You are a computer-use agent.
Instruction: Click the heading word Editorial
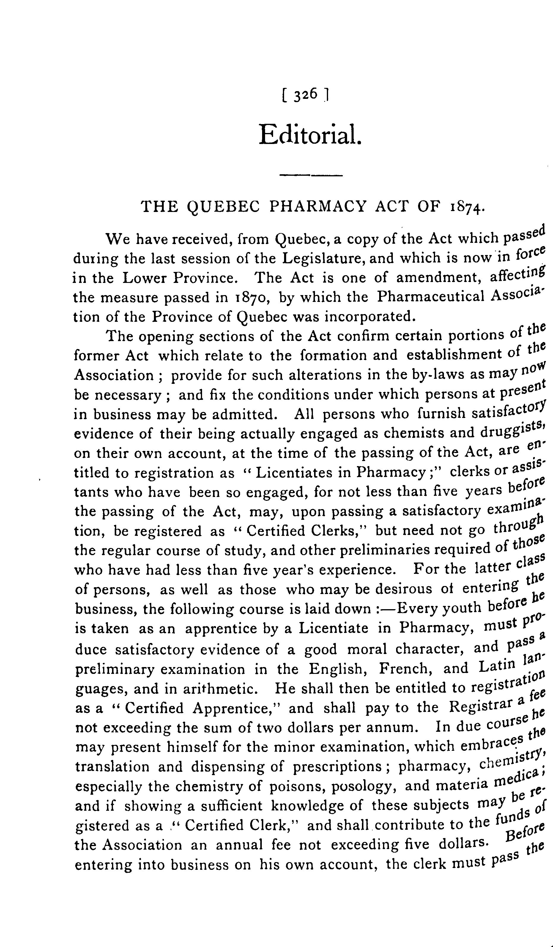tap(310, 134)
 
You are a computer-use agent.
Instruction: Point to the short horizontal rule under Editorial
tap(311, 175)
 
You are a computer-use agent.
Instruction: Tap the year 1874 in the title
tap(464, 207)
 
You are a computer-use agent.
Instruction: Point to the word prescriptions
tap(337, 766)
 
